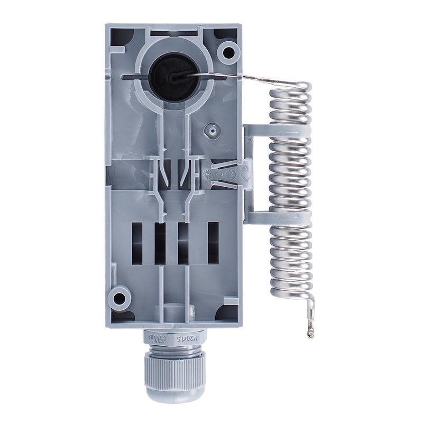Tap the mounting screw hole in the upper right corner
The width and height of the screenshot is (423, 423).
tap(228, 52)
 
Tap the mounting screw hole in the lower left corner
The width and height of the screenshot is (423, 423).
tap(120, 298)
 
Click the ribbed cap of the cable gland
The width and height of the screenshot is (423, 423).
tap(174, 373)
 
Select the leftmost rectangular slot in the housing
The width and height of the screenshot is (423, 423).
tap(137, 243)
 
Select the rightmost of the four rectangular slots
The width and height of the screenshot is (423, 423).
tap(213, 243)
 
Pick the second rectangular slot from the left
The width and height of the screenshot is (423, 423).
tap(160, 243)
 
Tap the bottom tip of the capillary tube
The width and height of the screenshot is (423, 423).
tap(310, 333)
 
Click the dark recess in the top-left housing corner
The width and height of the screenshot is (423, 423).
tap(123, 36)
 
